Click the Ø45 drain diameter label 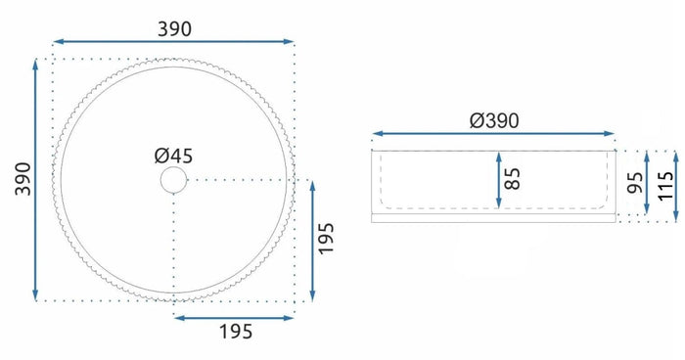tap(173, 156)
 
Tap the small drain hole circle tap(173, 180)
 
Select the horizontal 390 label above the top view tap(174, 29)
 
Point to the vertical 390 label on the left tap(23, 179)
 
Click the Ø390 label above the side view tap(494, 120)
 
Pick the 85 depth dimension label tap(513, 179)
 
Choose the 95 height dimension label tap(635, 183)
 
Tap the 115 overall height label tap(665, 186)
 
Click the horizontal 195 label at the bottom tap(236, 332)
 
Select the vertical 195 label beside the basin tap(326, 239)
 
